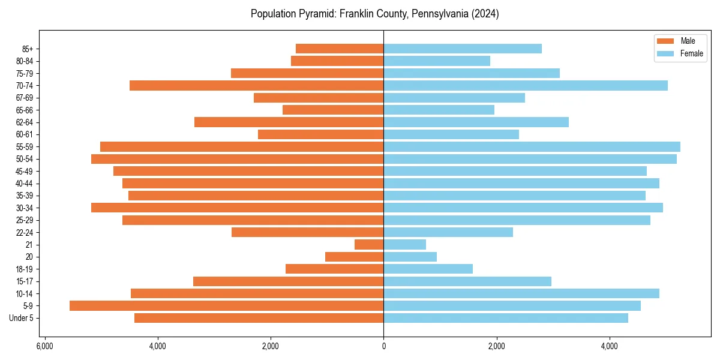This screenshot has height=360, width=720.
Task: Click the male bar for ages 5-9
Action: [x=226, y=305]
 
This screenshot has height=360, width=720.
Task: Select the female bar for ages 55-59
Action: [x=532, y=146]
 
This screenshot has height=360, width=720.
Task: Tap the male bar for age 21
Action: [x=369, y=244]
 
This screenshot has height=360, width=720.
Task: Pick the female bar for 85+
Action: [x=463, y=49]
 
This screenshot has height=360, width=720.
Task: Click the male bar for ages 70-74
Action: [x=256, y=85]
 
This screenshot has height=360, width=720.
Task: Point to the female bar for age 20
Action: [x=410, y=257]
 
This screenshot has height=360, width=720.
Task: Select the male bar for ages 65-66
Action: [x=333, y=110]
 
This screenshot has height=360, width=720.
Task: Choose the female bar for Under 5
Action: [x=506, y=318]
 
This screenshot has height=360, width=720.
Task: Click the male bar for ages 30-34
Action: [x=237, y=208]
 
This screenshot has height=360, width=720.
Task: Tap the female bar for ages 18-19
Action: [x=428, y=269]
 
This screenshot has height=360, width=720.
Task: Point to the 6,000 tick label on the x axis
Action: [x=44, y=346]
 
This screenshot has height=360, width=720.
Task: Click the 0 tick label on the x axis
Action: [x=383, y=346]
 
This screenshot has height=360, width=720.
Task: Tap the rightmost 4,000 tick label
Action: [x=609, y=346]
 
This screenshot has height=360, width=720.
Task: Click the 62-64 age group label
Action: [x=25, y=122]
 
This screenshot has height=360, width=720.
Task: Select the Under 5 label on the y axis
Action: [x=22, y=318]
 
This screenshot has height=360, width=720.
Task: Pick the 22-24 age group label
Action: [x=25, y=232]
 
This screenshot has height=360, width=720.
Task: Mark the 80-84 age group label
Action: [x=25, y=61]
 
